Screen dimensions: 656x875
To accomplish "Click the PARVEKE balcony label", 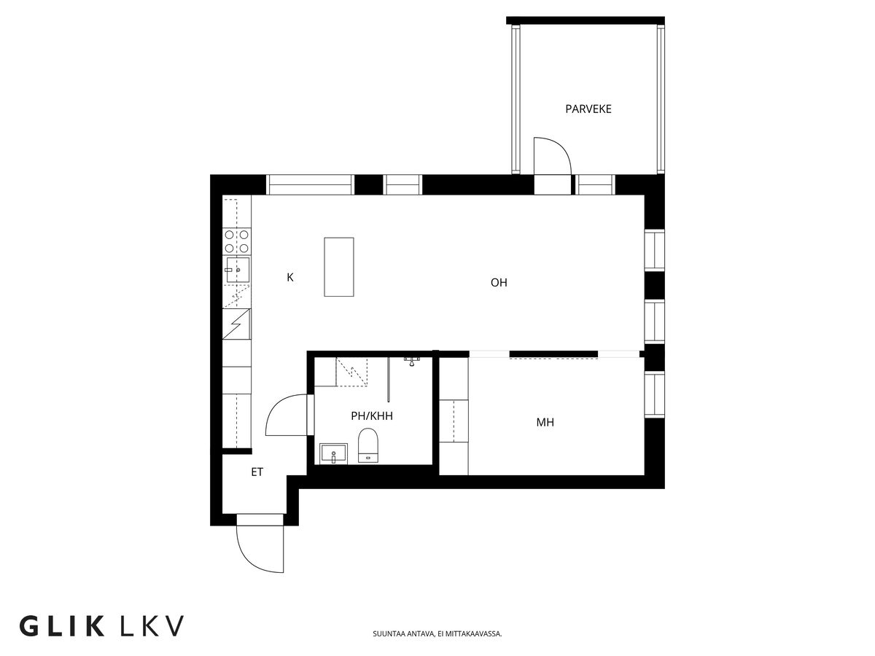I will (588, 109).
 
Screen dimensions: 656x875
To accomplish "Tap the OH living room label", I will (499, 283).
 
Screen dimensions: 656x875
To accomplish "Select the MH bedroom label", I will (545, 422).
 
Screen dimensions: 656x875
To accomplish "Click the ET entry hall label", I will (257, 472).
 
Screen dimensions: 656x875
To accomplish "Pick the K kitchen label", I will (290, 277).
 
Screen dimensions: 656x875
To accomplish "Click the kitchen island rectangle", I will (339, 267).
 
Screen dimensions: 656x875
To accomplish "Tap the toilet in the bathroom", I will (368, 445).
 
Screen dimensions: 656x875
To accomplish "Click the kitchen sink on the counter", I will (236, 269).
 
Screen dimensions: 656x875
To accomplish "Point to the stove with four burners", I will (237, 241).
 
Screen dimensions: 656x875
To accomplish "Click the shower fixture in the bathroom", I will (413, 361).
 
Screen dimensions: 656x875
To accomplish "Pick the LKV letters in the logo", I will (150, 626).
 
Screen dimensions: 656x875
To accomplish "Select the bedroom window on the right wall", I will (654, 394).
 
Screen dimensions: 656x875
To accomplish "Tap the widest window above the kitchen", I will (311, 185).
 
